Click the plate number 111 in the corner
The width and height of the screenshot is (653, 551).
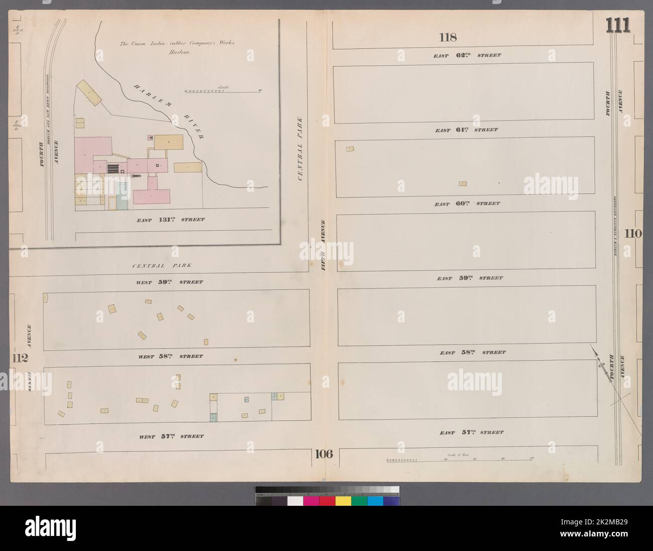[x=618, y=25]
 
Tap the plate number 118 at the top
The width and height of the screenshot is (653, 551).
[x=447, y=37]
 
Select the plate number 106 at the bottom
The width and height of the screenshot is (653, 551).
[x=323, y=455]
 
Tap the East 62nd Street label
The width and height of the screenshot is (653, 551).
[x=467, y=55]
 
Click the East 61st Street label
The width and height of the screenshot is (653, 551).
[x=467, y=130]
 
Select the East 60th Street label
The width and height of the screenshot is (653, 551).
[x=467, y=204]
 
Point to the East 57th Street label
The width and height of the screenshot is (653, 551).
[x=471, y=432]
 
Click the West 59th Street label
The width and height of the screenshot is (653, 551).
[x=170, y=282]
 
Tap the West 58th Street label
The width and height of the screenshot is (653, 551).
[x=170, y=357]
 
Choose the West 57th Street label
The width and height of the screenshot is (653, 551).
[x=171, y=436]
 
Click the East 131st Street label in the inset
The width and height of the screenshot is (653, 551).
[x=171, y=219]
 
